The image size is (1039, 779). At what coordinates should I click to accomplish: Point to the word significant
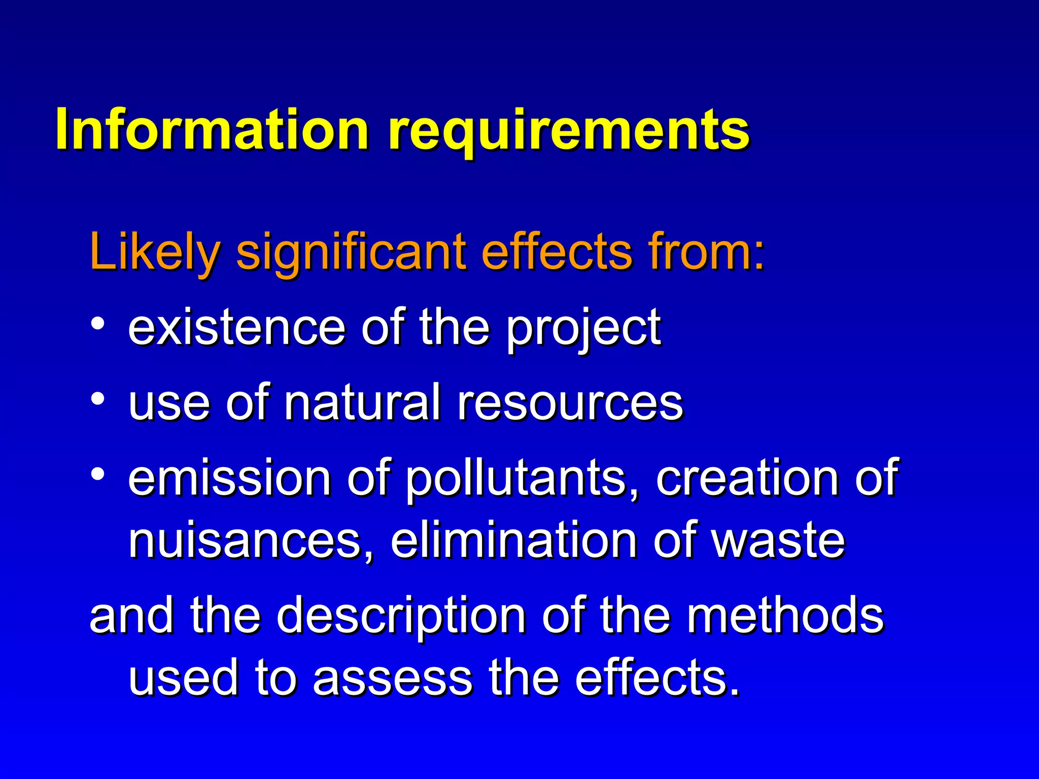tap(350, 252)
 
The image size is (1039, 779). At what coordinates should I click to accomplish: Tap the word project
tap(583, 330)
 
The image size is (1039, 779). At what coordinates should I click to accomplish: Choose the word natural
tap(362, 402)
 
